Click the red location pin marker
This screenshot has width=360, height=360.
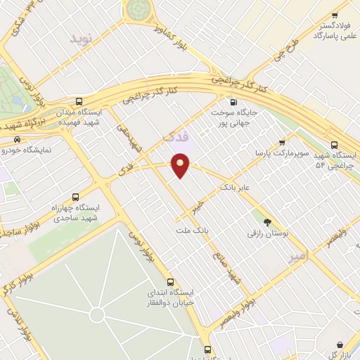click(181, 165)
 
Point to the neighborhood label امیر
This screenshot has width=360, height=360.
click(299, 257)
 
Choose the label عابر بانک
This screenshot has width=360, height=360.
click(236, 188)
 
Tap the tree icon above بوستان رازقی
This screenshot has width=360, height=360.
click(267, 219)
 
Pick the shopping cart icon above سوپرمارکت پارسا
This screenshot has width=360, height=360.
click(283, 141)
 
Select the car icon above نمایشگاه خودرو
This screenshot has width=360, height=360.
click(17, 139)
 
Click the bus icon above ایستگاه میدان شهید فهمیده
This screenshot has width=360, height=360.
click(78, 101)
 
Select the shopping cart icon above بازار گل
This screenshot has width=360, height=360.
click(341, 345)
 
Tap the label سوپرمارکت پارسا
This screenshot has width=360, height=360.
click(283, 153)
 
